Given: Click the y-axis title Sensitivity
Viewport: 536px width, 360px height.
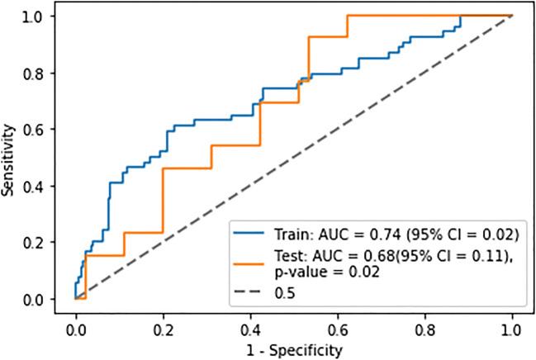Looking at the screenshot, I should [9, 159].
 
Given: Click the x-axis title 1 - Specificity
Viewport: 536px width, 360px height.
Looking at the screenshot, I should [293, 349].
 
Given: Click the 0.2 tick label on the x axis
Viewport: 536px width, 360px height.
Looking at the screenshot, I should [163, 325].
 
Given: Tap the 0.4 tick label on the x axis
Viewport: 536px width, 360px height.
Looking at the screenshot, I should [250, 325].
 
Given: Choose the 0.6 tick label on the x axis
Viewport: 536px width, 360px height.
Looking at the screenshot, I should [338, 325].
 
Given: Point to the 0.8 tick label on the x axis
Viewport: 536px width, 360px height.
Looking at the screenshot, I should [425, 325].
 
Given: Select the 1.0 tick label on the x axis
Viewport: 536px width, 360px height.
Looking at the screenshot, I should [512, 325].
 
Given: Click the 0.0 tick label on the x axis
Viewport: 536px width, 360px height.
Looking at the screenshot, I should [75, 325].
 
